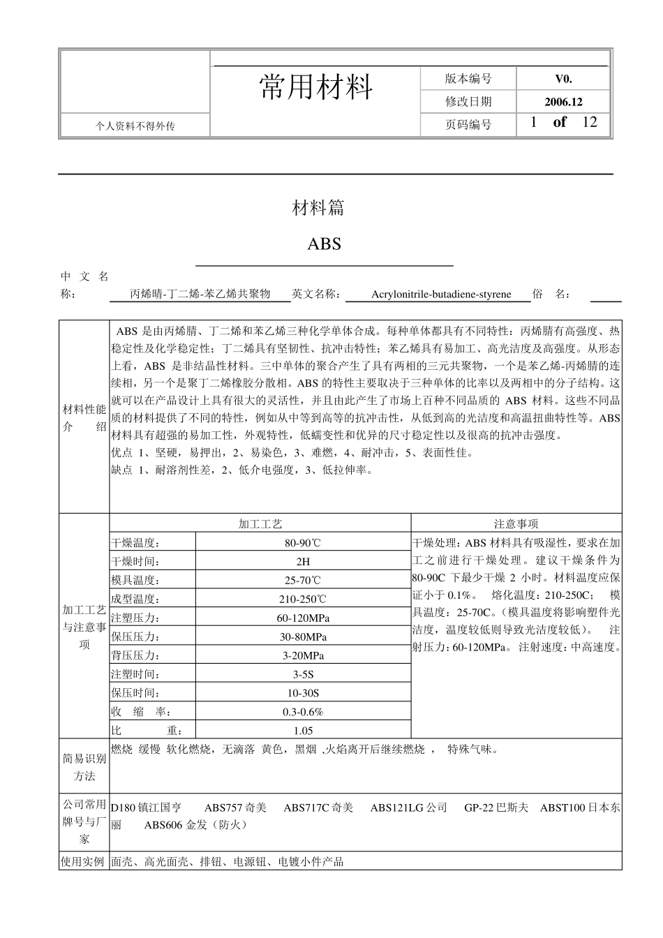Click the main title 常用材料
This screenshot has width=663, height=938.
coord(316,87)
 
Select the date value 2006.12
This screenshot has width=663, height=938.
coord(563,101)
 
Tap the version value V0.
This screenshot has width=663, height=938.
coord(563,79)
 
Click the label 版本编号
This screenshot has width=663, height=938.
coord(468,79)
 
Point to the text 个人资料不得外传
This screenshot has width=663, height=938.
coord(135,126)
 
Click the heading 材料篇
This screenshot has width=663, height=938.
coord(318,207)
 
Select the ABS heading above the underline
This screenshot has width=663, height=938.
coord(325,244)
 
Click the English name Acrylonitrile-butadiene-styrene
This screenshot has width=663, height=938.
coord(441,295)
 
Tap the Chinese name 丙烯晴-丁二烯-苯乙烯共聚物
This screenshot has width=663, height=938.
coord(200,295)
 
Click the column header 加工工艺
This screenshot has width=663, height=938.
coord(260,523)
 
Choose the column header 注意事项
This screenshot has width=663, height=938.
coord(516,523)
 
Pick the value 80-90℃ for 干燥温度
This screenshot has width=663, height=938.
coord(303,543)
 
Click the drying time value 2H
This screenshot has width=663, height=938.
coord(303,561)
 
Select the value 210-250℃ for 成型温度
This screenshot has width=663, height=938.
coord(303,599)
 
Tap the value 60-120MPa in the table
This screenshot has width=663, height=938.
coord(303,618)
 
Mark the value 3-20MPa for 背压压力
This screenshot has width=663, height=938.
coord(303,655)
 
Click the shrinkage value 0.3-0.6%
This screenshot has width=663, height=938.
coord(303,712)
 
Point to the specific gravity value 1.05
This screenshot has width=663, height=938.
coord(303,731)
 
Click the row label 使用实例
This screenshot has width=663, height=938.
coord(84,861)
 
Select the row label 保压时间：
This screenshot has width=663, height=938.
coord(135,693)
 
